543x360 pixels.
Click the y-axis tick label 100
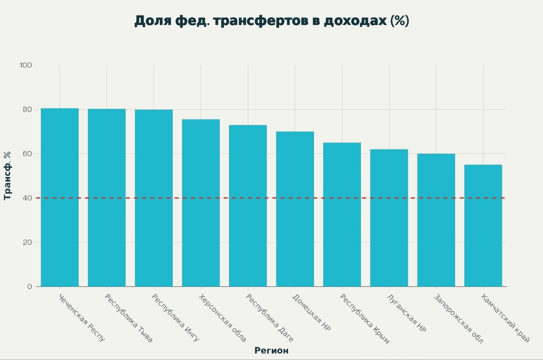coord(25,65)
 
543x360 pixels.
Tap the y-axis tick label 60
coord(27,154)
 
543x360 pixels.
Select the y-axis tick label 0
coord(29,287)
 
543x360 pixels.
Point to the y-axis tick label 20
coord(27,242)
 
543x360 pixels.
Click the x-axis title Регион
coord(271,351)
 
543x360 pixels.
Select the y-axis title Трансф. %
coord(7,176)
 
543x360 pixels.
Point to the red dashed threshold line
coord(271,198)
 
